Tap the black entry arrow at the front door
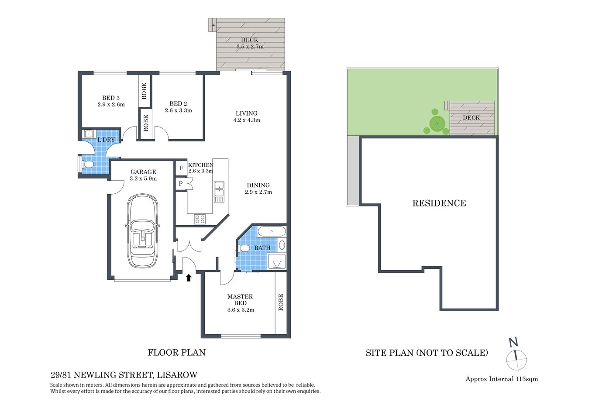click(189, 277)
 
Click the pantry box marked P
click(181, 184)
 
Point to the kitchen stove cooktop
click(200, 219)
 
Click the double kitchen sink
click(219, 192)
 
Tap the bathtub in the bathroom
click(271, 231)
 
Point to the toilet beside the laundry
click(86, 165)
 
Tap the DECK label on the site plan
click(471, 118)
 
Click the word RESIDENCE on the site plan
click(439, 203)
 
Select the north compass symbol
click(516, 356)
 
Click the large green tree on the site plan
click(436, 124)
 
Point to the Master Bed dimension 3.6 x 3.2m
click(241, 310)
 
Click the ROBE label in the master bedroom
click(281, 302)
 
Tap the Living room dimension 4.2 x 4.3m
click(246, 120)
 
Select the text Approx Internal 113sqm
click(502, 379)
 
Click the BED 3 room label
click(111, 98)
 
